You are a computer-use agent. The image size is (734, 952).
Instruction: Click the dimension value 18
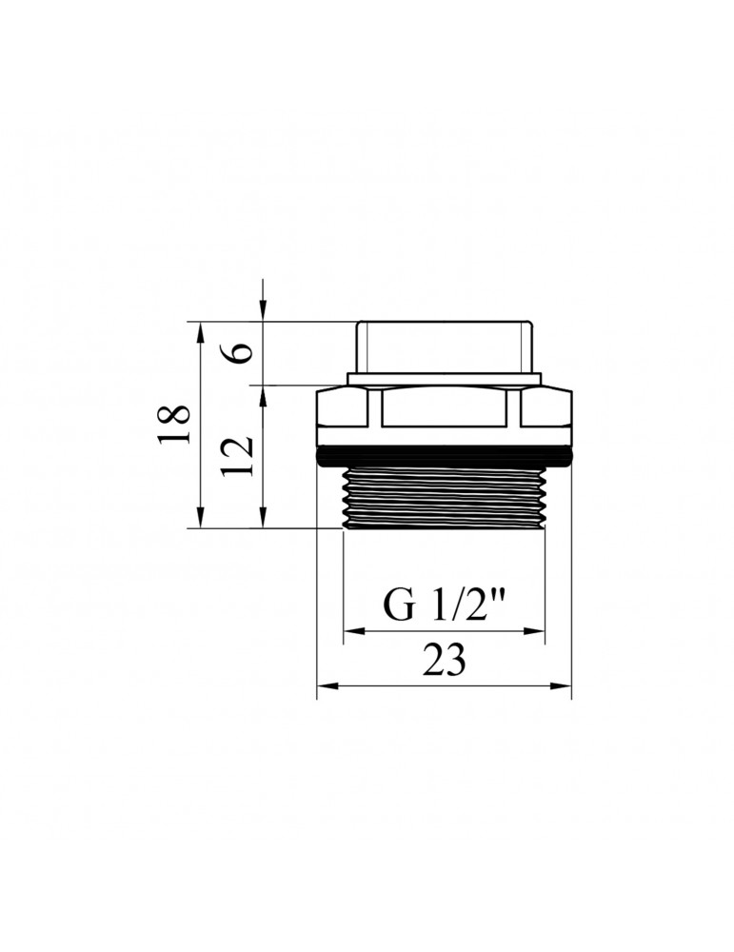tap(173, 424)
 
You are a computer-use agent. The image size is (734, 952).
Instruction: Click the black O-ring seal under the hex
tap(445, 456)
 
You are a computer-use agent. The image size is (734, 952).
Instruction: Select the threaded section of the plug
tap(445, 498)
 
